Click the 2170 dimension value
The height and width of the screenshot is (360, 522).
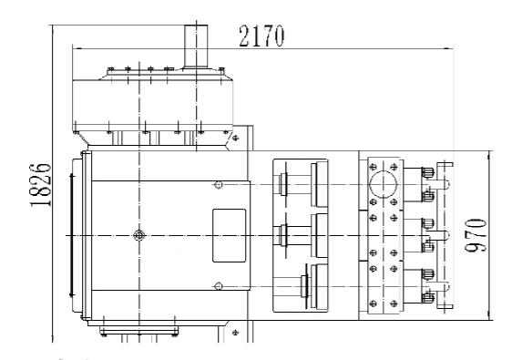click(x=261, y=36)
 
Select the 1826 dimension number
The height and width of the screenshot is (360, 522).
click(x=41, y=185)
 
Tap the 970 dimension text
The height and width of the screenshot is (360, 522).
click(x=476, y=235)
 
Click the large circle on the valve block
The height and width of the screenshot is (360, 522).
click(x=384, y=184)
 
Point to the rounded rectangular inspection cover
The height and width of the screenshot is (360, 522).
click(x=229, y=235)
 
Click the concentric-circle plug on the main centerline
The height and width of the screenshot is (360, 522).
click(x=139, y=235)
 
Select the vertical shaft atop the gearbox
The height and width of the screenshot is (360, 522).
click(x=196, y=46)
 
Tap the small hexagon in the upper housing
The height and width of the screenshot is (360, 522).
click(x=218, y=184)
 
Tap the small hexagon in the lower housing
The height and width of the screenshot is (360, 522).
click(x=218, y=286)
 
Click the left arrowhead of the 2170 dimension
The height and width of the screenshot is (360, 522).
click(x=77, y=48)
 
